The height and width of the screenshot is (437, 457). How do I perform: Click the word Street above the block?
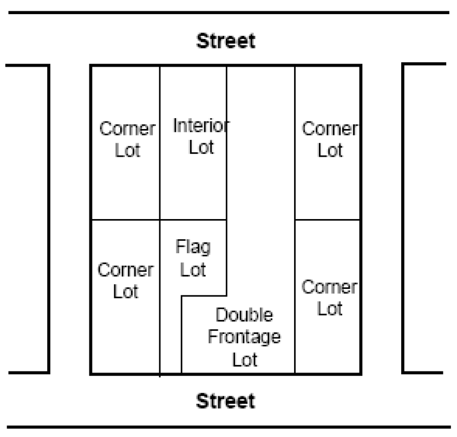pos(226,41)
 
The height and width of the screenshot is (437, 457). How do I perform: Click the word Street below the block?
pos(226,401)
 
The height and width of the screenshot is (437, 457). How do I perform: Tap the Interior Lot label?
pos(201,136)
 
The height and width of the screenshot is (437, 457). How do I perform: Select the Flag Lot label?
pos(193,258)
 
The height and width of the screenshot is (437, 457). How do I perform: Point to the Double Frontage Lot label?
pos(244,337)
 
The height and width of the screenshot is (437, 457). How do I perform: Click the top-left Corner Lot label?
pos(128,139)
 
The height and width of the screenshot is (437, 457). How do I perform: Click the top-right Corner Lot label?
pos(330,139)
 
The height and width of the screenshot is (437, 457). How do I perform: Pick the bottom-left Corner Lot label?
pos(126,280)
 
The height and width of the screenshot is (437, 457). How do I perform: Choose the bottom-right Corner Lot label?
pos(330,298)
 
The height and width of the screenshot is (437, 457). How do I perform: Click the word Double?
pos(244,314)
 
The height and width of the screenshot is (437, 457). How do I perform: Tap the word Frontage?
pos(244,337)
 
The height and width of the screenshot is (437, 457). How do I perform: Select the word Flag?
pos(193,247)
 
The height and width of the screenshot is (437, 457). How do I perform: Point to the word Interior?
pos(201,126)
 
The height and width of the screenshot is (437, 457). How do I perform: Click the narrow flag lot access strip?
pos(171,335)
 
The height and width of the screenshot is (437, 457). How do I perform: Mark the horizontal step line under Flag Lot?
pos(204,296)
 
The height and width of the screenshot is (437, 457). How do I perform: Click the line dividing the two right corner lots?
pos(328,220)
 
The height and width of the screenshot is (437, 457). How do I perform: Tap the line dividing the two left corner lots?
pos(126,220)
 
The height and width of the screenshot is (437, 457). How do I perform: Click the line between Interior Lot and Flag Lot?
pos(193,220)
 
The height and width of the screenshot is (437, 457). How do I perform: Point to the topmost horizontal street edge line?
pos(229,12)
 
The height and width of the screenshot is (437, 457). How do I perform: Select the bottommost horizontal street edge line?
pos(229,427)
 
